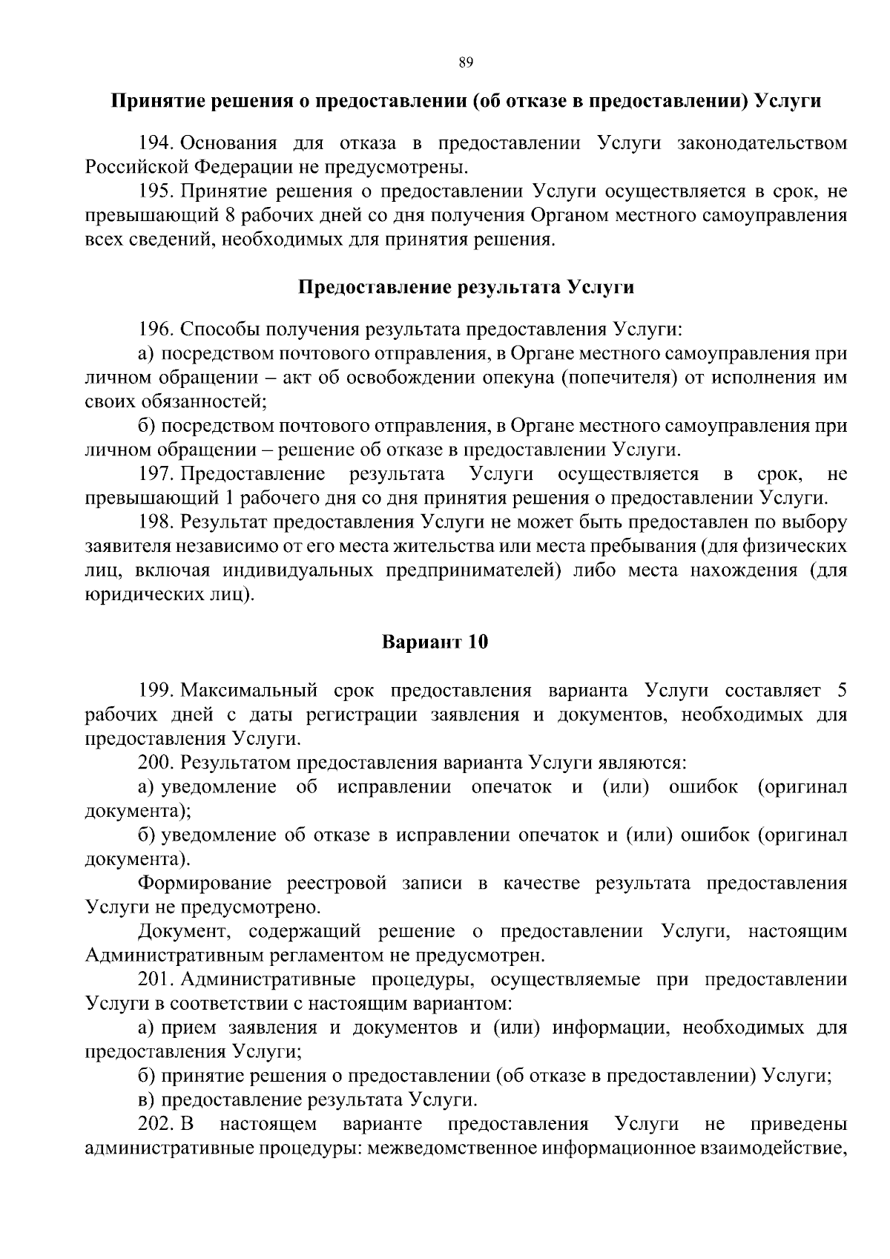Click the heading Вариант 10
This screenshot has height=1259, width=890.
point(435,642)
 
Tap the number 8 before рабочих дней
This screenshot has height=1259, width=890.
point(230,215)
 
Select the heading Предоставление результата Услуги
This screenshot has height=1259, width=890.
point(466,287)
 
